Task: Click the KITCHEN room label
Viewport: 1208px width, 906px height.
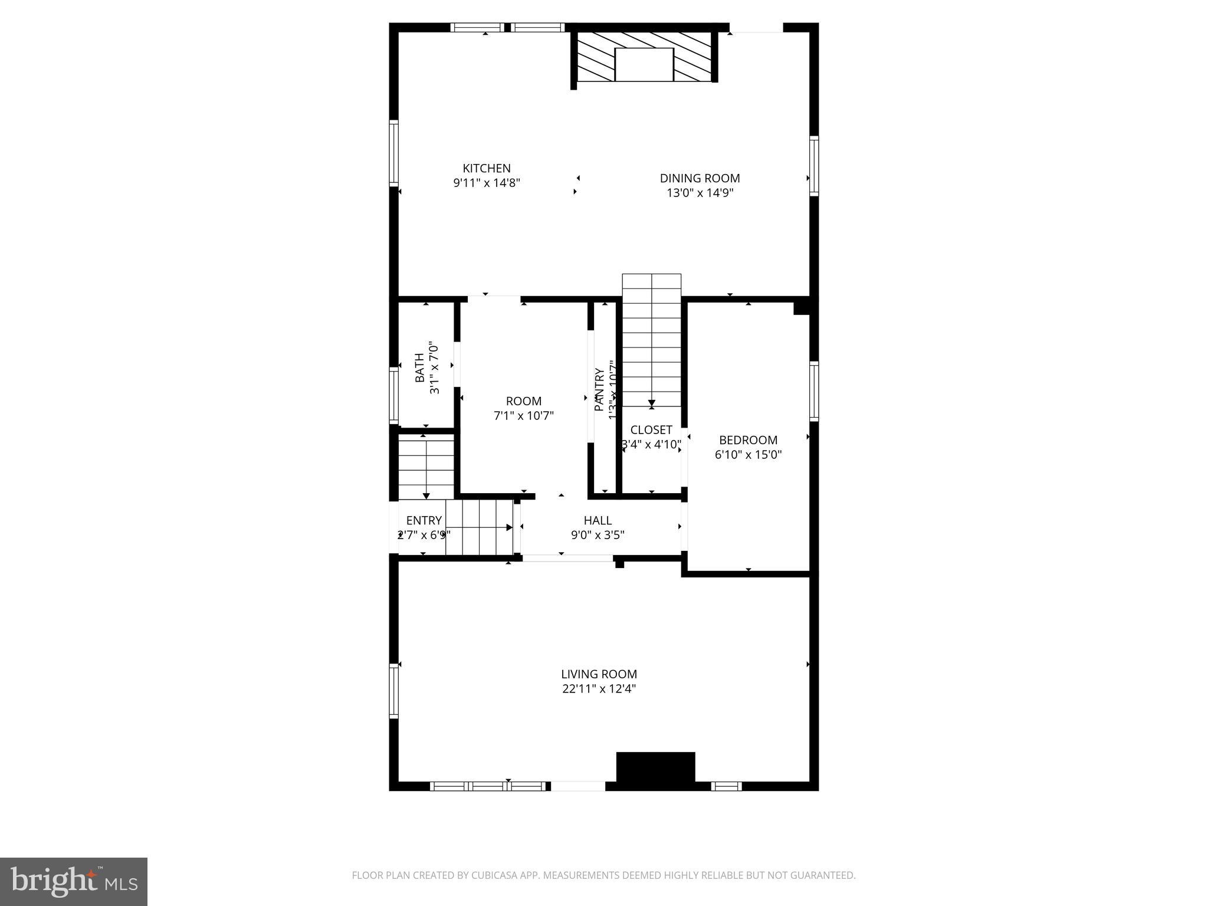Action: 486,168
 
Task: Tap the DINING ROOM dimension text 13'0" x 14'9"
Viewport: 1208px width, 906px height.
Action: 700,193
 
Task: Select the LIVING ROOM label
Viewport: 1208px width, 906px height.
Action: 599,674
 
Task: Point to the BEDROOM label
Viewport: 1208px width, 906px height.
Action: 748,440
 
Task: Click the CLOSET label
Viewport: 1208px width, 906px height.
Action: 651,430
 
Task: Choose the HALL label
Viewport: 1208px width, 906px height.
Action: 598,520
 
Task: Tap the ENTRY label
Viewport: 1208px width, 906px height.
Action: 424,520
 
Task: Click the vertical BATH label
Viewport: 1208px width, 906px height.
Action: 419,367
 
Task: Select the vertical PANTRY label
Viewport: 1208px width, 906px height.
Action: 599,389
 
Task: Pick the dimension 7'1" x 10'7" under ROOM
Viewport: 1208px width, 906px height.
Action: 524,416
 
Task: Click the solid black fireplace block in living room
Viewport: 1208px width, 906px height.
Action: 655,767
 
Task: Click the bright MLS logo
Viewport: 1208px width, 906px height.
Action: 74,881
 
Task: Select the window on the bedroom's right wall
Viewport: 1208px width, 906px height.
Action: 814,390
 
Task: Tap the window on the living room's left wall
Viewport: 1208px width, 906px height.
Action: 394,691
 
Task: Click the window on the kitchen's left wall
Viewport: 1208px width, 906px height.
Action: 394,153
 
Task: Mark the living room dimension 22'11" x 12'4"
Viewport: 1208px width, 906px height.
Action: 599,688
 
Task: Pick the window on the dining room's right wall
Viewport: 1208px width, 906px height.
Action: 814,165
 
